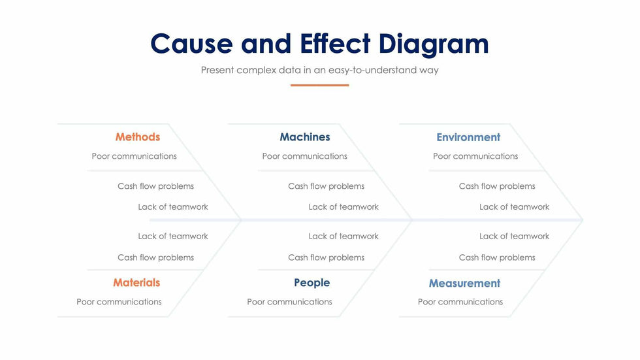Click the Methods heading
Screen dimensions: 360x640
click(137, 137)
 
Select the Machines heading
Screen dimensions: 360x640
click(304, 137)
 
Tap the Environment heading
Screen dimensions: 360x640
click(468, 137)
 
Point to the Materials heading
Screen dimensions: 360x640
click(136, 283)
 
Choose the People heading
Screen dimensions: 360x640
click(312, 283)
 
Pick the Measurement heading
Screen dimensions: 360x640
click(464, 284)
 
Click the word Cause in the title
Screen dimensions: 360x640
click(191, 44)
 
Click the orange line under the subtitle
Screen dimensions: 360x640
click(319, 85)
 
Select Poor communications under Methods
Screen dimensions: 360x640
click(134, 156)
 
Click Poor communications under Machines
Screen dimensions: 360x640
click(304, 156)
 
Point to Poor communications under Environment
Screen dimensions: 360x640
click(475, 156)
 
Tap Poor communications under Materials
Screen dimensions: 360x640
click(119, 302)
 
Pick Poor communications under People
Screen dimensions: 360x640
click(289, 302)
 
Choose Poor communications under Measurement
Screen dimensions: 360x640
click(460, 302)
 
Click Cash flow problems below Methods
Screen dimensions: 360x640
click(155, 186)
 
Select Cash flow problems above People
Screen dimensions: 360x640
click(326, 257)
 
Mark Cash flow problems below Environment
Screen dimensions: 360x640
click(497, 186)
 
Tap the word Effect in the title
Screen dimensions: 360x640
click(336, 44)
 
